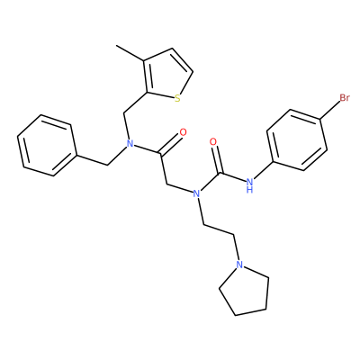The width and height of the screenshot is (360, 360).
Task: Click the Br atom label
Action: coord(345,98)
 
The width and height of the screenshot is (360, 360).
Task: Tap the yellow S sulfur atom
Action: coord(177,98)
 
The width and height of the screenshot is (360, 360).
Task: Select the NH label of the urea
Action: coord(249,185)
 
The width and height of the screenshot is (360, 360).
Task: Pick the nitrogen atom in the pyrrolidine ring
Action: coord(239,265)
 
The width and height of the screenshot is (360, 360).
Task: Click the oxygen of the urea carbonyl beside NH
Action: coord(213,142)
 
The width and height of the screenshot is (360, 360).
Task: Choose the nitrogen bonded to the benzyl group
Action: coord(130,143)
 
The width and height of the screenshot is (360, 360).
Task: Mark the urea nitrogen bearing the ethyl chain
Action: coord(196,193)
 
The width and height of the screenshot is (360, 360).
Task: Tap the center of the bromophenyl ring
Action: coord(297,140)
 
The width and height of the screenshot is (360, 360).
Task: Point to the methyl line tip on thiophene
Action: coord(117,46)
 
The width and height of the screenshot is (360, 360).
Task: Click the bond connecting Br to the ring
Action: coord(330,112)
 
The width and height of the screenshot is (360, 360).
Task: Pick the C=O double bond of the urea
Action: coord(218,159)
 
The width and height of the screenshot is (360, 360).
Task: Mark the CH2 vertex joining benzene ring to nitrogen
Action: coord(107,165)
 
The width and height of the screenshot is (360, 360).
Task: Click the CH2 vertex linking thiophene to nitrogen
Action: coord(123,113)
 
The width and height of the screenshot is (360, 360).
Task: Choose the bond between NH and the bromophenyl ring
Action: coord(260,170)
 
